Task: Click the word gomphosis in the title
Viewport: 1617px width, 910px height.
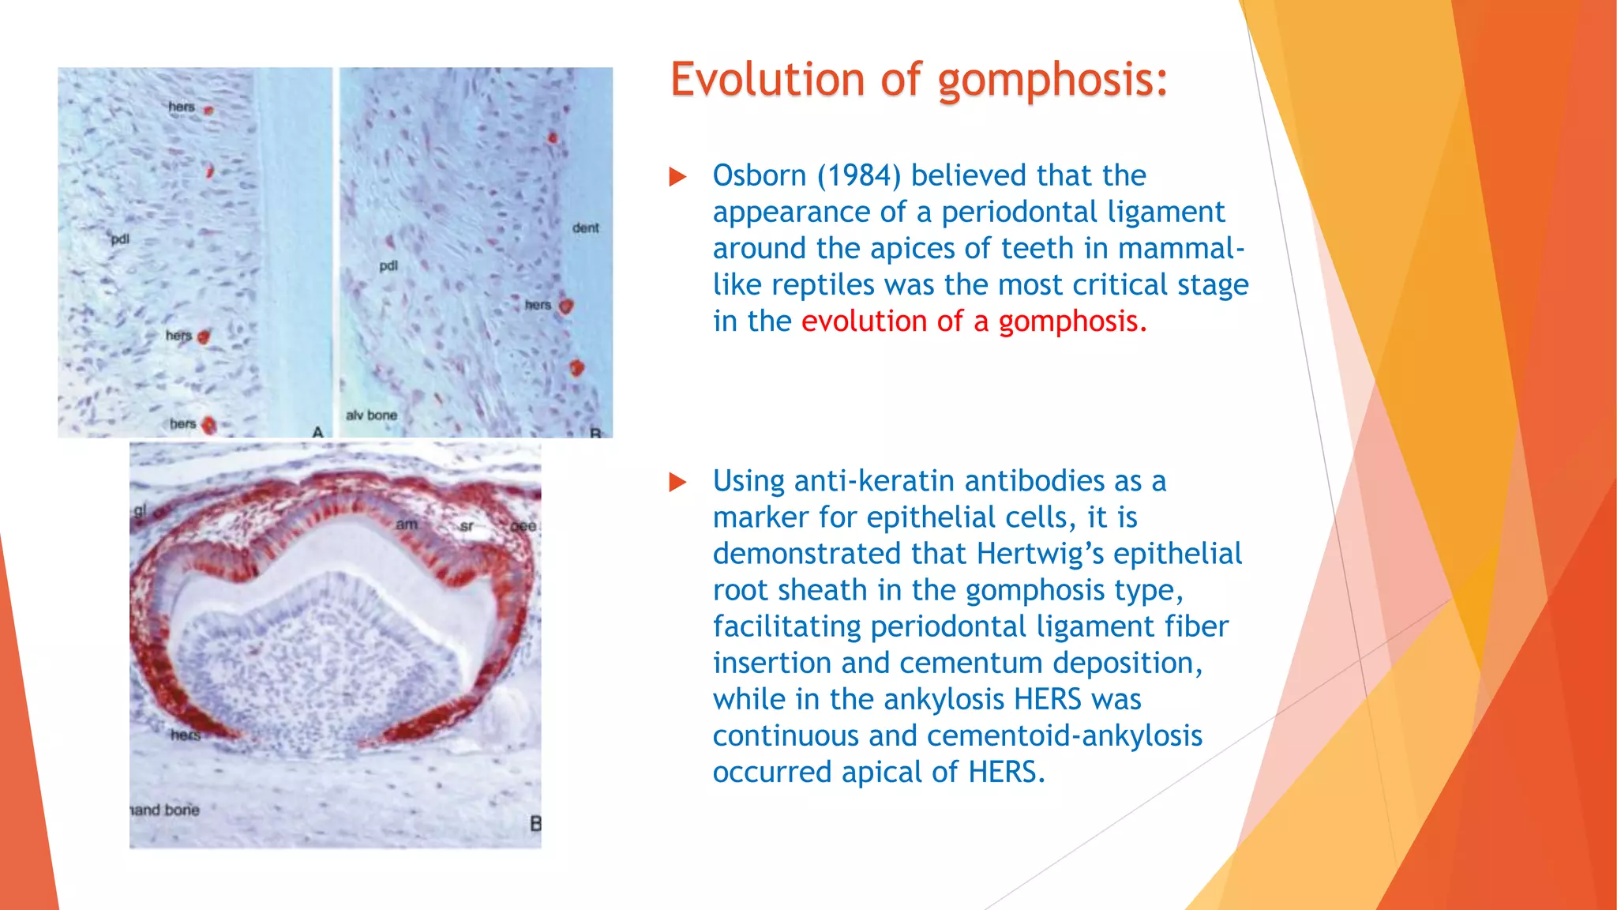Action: click(1052, 81)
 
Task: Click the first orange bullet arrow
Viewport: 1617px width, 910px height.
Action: click(677, 176)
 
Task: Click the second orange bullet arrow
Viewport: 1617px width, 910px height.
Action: click(677, 482)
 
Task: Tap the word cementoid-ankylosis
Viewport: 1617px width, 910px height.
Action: click(1064, 735)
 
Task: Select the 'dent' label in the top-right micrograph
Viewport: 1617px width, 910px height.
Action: click(585, 228)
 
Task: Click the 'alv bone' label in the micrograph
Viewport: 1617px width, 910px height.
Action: click(371, 415)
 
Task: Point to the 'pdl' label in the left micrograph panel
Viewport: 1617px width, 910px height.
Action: click(119, 239)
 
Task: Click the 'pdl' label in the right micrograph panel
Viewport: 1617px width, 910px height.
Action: click(388, 266)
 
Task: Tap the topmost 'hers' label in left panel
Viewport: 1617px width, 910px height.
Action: click(181, 107)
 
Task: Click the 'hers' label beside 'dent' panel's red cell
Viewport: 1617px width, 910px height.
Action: click(538, 305)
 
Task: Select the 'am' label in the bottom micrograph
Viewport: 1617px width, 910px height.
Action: click(406, 525)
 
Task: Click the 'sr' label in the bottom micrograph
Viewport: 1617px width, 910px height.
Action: click(467, 526)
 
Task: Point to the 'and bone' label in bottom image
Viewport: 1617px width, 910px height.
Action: click(165, 810)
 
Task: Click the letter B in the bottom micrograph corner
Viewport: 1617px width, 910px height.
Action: click(535, 824)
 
